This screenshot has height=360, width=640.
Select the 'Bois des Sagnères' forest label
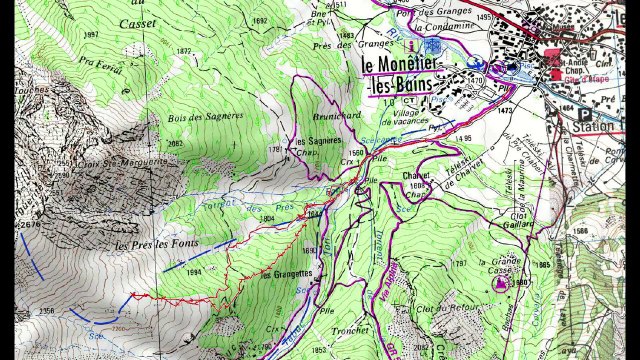[x=205, y=116]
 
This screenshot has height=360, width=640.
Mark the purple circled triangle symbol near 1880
[x=499, y=284]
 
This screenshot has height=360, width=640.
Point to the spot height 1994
[x=195, y=271]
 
